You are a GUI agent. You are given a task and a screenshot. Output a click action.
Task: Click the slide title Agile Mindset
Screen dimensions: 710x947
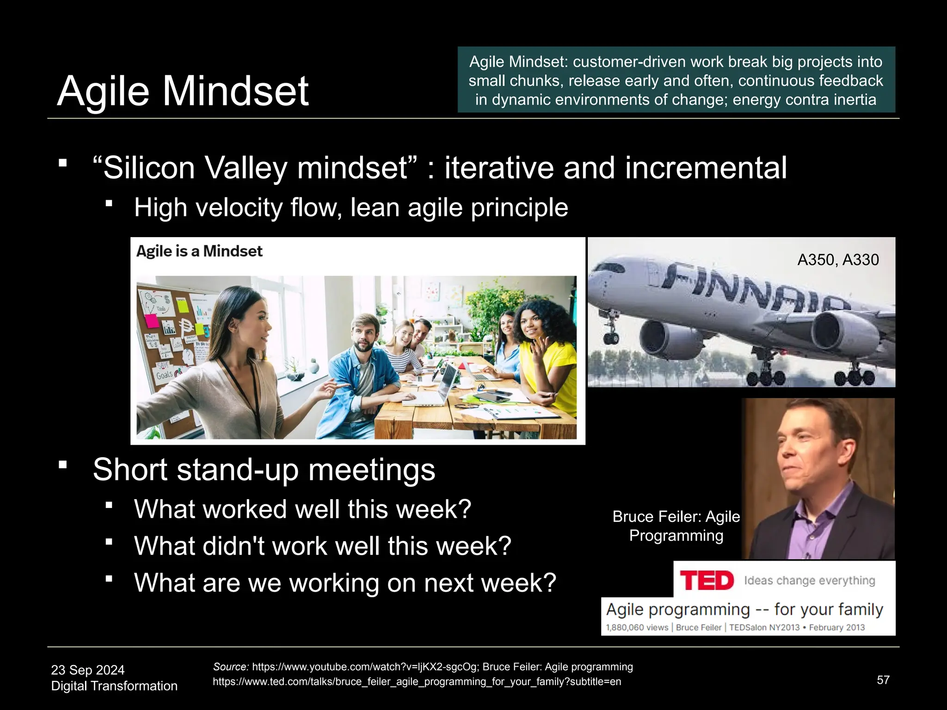click(183, 91)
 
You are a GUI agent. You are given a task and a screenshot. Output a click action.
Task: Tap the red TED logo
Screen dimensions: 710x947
click(707, 581)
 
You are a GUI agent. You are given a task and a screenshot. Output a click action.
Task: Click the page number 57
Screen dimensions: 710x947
click(883, 680)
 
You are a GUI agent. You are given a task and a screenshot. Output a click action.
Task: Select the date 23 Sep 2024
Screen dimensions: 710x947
click(88, 670)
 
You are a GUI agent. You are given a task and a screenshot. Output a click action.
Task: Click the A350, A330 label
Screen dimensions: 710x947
click(837, 260)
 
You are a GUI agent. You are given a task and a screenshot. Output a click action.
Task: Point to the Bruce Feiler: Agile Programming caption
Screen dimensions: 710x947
click(676, 526)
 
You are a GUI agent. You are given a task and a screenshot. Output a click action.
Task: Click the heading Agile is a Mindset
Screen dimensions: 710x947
click(199, 251)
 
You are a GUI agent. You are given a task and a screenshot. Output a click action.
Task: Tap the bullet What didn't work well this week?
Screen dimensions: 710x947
click(322, 546)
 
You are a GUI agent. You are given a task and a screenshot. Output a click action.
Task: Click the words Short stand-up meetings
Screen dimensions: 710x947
click(264, 470)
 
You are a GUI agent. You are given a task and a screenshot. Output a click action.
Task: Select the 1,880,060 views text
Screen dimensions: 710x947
click(637, 627)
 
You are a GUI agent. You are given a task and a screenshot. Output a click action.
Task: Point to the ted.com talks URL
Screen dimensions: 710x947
click(416, 682)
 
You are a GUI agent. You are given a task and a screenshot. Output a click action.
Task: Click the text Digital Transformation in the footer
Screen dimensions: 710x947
click(114, 686)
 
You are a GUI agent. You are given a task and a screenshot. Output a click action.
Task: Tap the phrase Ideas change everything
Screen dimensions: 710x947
click(809, 581)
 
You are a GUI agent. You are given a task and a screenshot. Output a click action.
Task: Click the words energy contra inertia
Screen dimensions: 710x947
click(804, 100)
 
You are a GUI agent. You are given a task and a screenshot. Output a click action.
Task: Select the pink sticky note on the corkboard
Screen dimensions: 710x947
click(152, 320)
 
